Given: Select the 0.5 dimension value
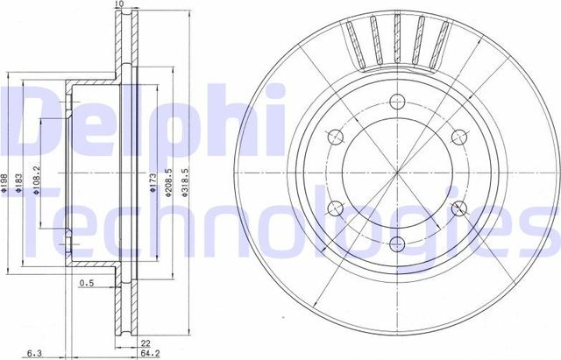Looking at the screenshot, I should [x=87, y=283].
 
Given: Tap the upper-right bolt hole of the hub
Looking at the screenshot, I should [x=457, y=136].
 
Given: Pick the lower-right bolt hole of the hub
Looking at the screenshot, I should [x=457, y=208].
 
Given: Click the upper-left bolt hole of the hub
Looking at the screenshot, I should [x=334, y=136].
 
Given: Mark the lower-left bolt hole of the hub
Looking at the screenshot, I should [x=334, y=208].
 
